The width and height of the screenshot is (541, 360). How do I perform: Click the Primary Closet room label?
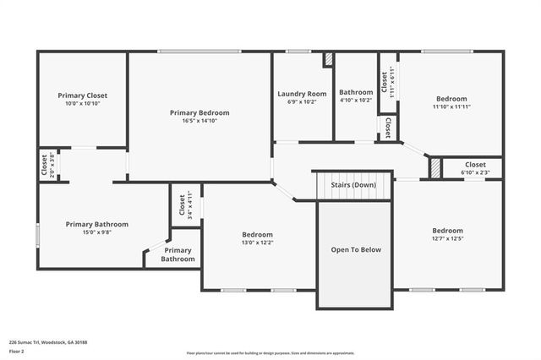point(83,95)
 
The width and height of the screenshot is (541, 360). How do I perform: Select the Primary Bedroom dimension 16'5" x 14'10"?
point(199,121)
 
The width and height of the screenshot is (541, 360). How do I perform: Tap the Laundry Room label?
point(302,93)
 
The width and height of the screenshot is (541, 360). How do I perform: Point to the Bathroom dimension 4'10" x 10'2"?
point(356,100)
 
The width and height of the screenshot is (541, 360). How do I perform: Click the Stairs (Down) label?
point(353,184)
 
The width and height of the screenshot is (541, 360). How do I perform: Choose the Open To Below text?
point(355,249)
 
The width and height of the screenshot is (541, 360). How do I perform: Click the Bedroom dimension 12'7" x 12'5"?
point(447,239)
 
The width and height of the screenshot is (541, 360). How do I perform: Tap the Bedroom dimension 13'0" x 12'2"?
point(258,243)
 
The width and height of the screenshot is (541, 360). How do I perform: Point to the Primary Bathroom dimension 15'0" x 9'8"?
point(97,232)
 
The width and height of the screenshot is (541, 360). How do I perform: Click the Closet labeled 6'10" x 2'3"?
point(475,168)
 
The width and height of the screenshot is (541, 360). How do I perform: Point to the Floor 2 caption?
point(17,351)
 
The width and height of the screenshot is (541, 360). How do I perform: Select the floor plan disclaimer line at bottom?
point(270,353)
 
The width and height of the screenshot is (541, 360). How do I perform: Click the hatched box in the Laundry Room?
point(328,61)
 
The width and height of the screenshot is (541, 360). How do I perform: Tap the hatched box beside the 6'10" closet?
point(435,168)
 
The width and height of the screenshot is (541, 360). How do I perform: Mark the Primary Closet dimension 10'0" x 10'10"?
point(83,103)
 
